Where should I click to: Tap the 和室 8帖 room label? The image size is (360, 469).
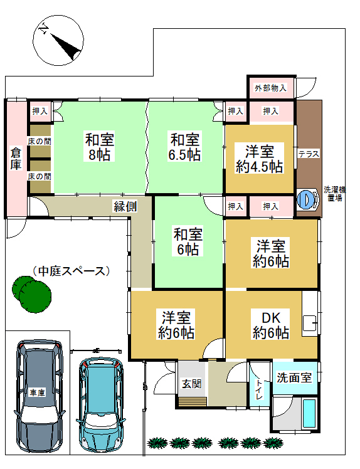point(99,147)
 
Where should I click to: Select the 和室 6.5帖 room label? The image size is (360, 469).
point(184,147)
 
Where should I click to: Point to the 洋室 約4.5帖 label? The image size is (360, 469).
point(260,159)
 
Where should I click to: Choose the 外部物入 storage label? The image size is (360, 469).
point(270,88)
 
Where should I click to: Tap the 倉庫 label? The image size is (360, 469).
point(16,159)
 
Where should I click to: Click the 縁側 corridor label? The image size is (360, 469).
point(125,206)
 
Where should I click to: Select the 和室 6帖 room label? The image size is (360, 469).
point(188,241)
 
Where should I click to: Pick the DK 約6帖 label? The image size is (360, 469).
point(271,325)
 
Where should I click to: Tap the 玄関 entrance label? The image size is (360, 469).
point(191,384)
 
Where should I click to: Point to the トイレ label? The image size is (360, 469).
point(259,389)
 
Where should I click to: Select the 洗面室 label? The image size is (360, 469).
point(295,377)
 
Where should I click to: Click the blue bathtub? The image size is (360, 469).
point(309,413)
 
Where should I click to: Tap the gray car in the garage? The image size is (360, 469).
point(39,396)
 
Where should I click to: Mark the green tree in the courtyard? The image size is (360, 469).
point(32,294)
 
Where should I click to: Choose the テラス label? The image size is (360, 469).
point(309,154)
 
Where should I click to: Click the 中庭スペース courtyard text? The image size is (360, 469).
point(71,271)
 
